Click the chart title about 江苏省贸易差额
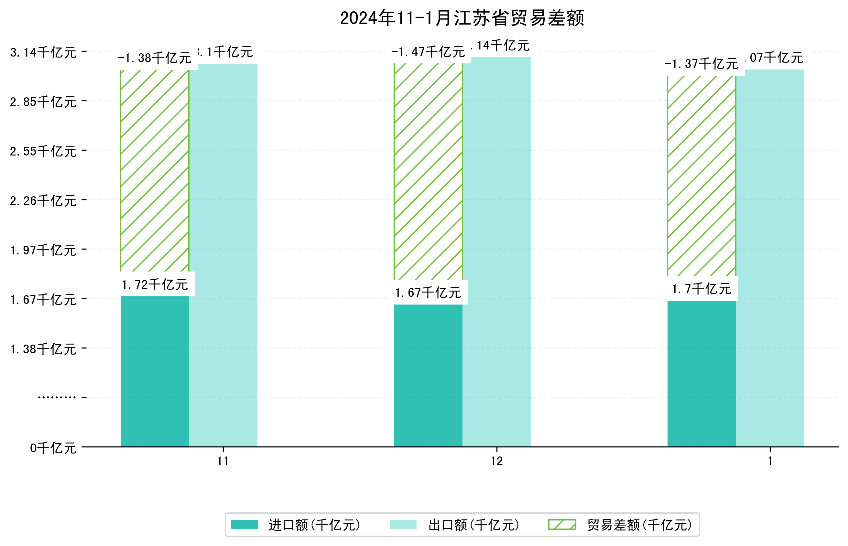(462, 18)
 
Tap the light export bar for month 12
(496, 252)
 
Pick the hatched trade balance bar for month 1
(701, 176)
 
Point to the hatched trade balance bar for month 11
(155, 170)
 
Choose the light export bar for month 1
(770, 258)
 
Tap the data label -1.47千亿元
(428, 52)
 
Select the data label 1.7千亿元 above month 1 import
(701, 289)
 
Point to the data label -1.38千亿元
(155, 58)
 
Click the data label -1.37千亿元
(701, 64)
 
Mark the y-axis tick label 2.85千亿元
(43, 102)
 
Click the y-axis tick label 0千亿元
(53, 448)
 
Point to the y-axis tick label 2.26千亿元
(43, 201)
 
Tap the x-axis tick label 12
(496, 461)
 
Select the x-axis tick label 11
(223, 461)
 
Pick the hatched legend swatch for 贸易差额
(562, 525)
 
